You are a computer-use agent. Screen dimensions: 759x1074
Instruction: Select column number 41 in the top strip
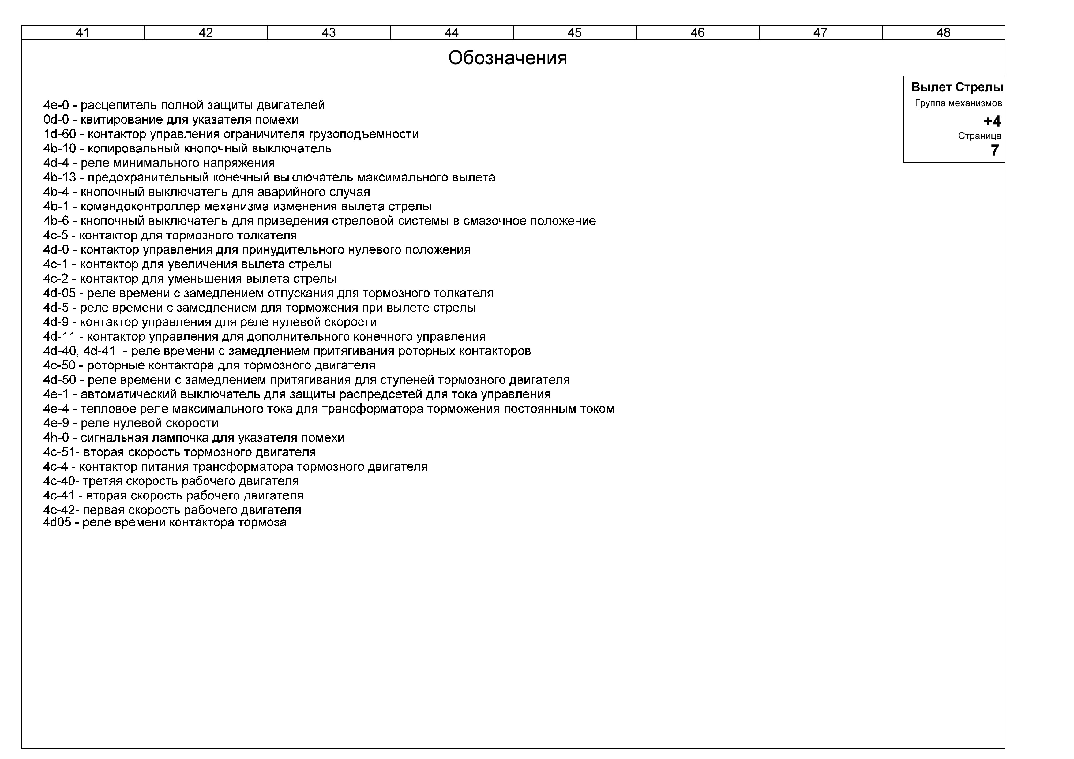tap(83, 33)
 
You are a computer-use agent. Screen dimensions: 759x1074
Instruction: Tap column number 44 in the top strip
tap(451, 33)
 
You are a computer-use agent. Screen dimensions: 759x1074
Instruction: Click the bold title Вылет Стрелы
tap(957, 88)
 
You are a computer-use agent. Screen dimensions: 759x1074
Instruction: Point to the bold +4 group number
tap(992, 121)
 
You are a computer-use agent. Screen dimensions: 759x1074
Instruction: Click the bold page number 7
tap(994, 151)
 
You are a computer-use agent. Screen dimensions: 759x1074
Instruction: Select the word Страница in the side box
tap(979, 136)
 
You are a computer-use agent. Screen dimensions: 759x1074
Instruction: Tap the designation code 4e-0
tap(56, 105)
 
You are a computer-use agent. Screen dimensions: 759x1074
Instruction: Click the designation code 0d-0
tap(56, 120)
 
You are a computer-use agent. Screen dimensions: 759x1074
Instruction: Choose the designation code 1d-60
tap(59, 134)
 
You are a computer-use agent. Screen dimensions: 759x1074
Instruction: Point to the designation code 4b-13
tap(59, 178)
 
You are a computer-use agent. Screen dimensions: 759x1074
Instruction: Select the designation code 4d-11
tap(59, 337)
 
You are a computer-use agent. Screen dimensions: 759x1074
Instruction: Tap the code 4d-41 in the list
tap(99, 351)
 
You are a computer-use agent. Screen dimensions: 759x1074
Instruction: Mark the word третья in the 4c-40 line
tap(103, 481)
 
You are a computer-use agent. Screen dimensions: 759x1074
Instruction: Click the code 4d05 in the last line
tap(57, 522)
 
